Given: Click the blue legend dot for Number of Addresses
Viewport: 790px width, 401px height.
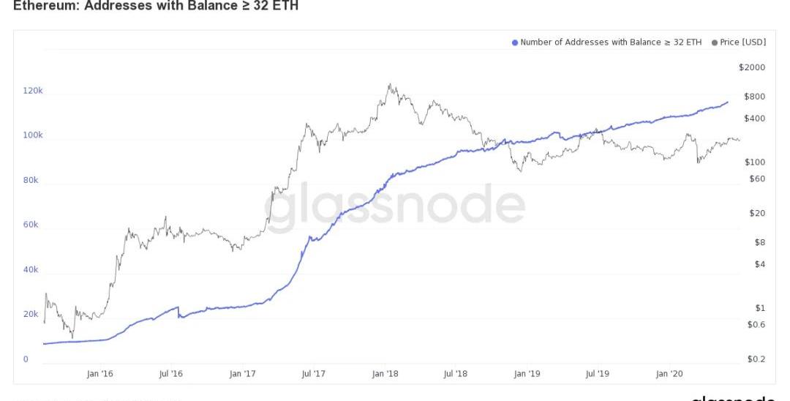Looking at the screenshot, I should coord(515,42).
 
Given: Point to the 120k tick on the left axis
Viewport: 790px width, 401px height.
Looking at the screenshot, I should coord(33,91).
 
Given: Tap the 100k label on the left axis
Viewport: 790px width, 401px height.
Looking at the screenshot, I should coord(33,135).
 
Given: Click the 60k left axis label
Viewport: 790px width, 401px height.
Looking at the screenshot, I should coord(31,225).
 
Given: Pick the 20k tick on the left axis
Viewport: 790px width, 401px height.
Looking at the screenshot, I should coord(31,314).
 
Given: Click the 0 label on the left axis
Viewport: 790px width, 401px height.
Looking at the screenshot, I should coord(26,359).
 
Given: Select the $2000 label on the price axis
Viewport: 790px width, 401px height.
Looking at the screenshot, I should coord(752,67).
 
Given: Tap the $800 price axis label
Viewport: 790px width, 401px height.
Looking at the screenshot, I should coord(754,97).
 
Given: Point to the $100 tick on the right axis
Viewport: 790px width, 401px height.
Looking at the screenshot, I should coord(754,162).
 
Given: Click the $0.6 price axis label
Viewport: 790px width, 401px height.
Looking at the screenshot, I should coord(756,324).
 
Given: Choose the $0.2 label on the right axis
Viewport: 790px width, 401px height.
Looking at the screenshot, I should coord(756,359).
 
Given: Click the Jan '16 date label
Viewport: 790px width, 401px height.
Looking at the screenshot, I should coord(99,374).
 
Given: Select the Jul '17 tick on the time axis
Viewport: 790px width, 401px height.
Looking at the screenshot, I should coord(313,374).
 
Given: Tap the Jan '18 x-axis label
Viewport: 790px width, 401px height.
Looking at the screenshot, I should coord(384,374).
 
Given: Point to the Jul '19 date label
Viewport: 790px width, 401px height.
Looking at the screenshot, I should coord(598,374).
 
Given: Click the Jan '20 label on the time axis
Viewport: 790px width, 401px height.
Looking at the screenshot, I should coord(669,374).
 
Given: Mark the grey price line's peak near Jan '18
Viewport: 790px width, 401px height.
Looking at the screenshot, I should coord(390,84).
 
